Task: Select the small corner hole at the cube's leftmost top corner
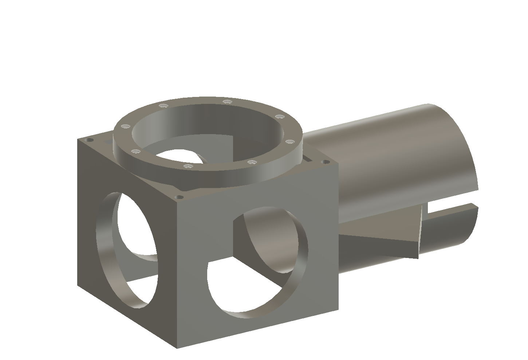(x=86, y=140)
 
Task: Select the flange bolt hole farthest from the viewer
(x=227, y=101)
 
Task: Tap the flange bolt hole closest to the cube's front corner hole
(x=187, y=166)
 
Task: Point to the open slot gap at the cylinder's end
(x=452, y=210)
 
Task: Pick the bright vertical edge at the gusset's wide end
(x=420, y=233)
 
